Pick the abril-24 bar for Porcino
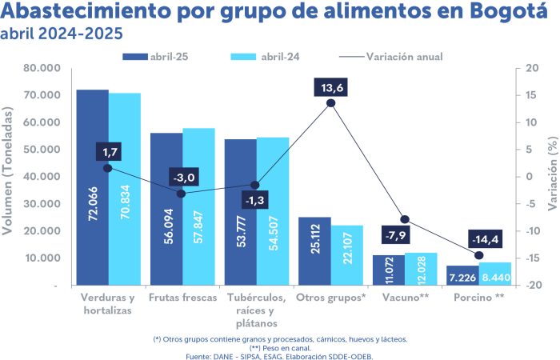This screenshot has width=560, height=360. pos(494,274)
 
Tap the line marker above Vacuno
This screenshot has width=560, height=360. pos(405,219)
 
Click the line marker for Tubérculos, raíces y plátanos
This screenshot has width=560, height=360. pos(256,186)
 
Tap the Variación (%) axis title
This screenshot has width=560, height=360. pos(552,176)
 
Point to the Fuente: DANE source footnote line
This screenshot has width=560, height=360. pos(279,356)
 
